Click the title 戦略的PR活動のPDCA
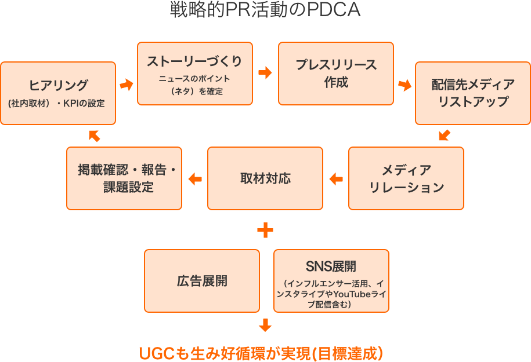point(265,10)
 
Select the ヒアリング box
point(58,93)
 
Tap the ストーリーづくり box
point(195,73)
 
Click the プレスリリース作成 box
point(336,73)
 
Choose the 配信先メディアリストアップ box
point(473,93)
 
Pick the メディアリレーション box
point(406,178)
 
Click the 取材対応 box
point(265,178)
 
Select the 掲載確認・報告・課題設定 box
point(124,178)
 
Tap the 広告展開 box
point(202,281)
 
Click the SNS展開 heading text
point(331,266)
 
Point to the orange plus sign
point(265,231)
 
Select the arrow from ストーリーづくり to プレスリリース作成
point(265,73)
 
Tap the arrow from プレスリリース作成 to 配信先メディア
point(404,85)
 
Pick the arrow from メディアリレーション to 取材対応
point(336,179)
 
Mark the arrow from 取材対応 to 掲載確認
point(195,179)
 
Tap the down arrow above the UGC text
point(265,325)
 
